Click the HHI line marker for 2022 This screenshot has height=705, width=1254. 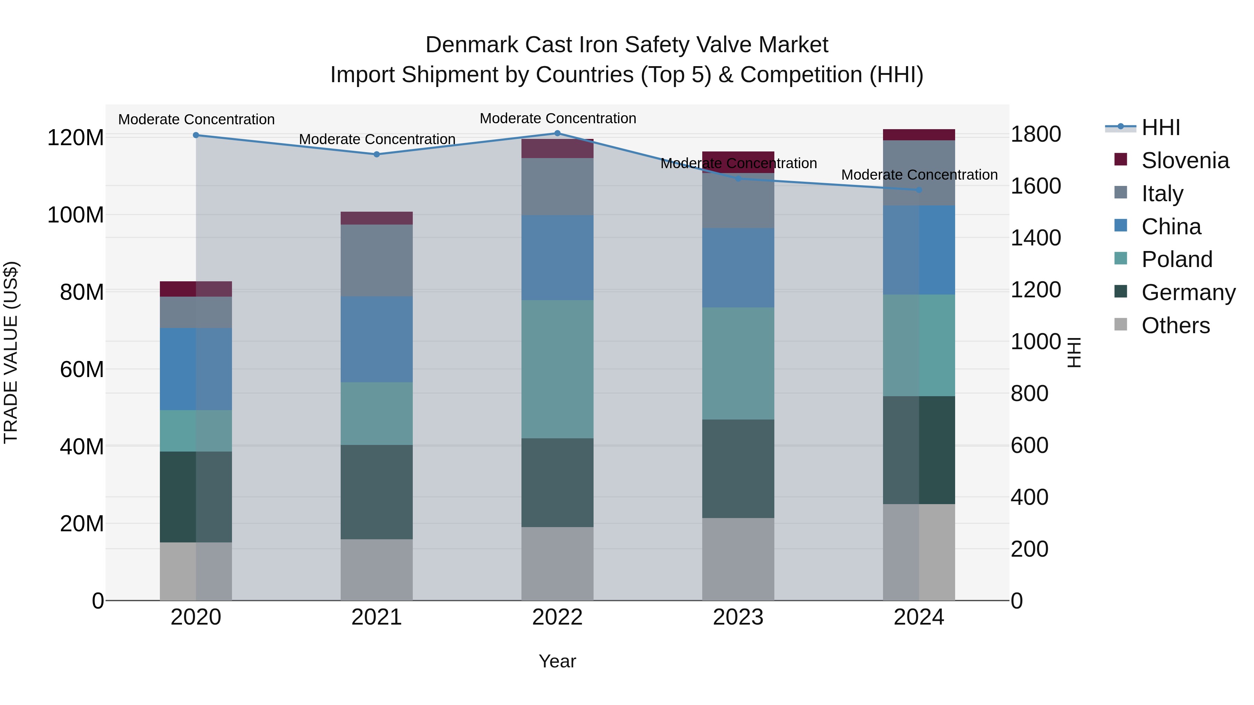click(557, 133)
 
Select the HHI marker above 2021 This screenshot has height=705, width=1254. click(376, 155)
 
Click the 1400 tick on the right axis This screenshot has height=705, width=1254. click(1036, 238)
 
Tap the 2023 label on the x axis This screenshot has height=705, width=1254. click(738, 617)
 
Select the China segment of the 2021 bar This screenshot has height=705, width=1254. click(376, 339)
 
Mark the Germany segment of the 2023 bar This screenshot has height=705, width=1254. click(738, 469)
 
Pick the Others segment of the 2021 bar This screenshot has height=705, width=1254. click(376, 569)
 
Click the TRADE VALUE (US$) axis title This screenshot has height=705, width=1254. click(11, 352)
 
